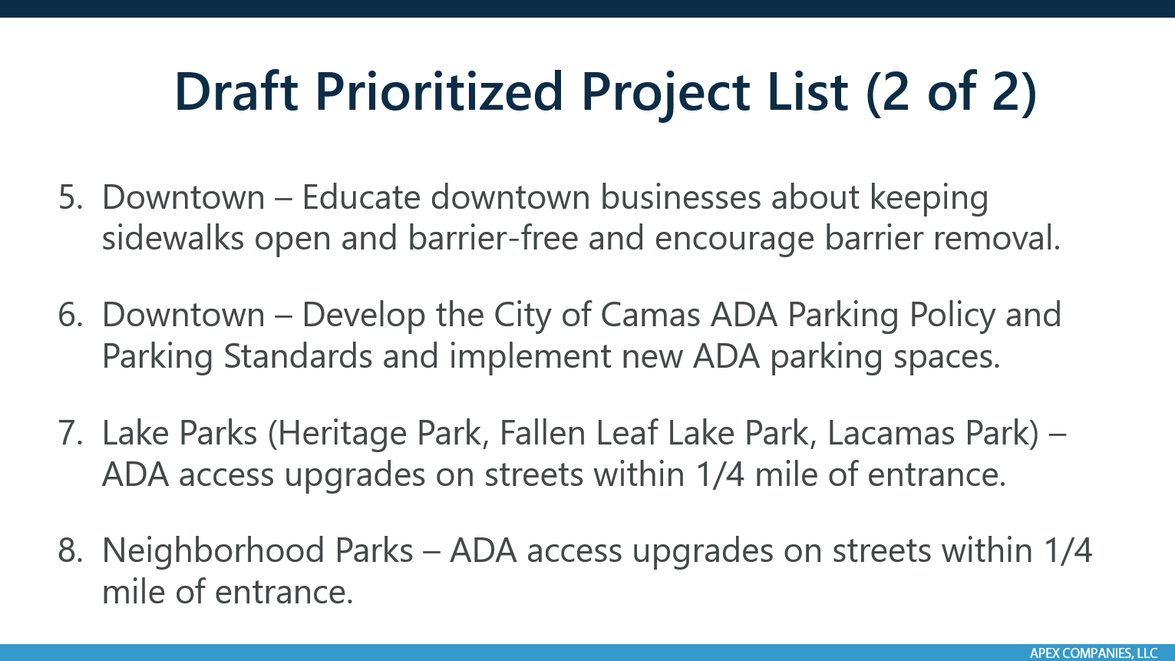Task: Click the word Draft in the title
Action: tap(236, 92)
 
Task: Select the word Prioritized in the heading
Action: tap(440, 92)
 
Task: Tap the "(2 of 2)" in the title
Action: tap(951, 92)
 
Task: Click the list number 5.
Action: tap(70, 198)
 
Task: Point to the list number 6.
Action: tap(70, 316)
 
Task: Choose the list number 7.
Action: tap(70, 434)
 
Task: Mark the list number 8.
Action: tap(70, 551)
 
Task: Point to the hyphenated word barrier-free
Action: tap(493, 239)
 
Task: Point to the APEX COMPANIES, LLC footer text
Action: tap(1093, 653)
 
